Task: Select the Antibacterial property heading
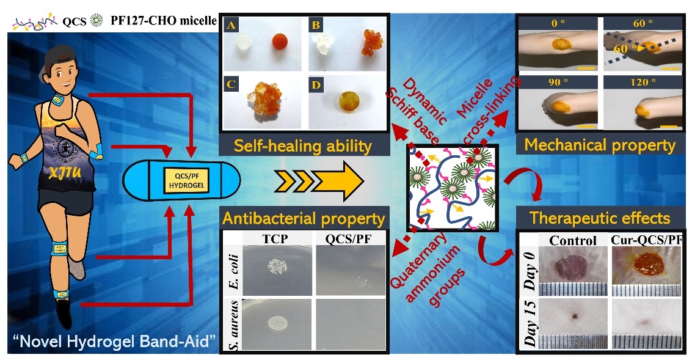click(304, 218)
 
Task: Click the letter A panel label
click(230, 26)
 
